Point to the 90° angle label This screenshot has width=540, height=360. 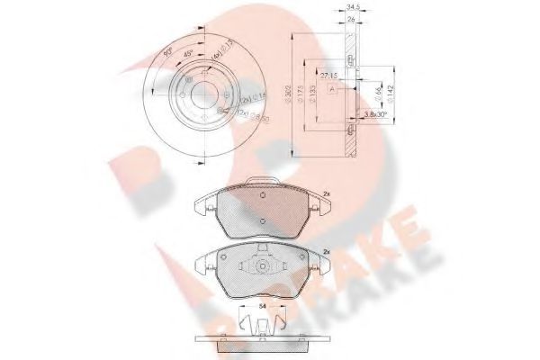[166, 53]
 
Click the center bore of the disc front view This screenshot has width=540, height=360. [205, 96]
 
